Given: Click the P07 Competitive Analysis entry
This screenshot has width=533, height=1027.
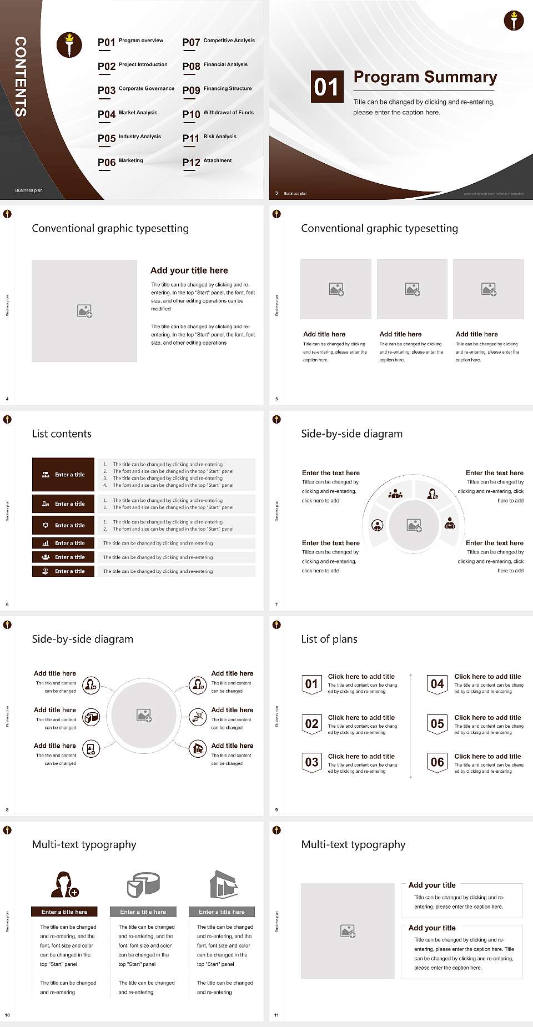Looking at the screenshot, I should (218, 42).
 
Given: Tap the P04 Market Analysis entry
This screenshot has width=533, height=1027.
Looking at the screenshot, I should (128, 114).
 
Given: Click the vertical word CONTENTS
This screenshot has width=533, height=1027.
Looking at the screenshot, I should (21, 77).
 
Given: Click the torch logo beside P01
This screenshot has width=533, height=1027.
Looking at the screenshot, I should (69, 45).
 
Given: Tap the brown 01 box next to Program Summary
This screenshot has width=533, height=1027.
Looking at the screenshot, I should (326, 87).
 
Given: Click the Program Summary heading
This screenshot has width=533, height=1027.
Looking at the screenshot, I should (425, 77).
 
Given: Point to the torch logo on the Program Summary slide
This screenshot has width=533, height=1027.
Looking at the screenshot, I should (514, 21).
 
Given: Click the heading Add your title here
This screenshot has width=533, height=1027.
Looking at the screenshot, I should (189, 270).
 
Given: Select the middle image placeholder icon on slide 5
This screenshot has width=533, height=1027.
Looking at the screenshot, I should (412, 289).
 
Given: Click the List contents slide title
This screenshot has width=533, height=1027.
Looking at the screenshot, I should (62, 434).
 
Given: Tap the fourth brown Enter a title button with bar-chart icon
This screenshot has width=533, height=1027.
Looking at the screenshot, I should (63, 543).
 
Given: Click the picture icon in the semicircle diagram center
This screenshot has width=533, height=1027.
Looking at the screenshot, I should (414, 525).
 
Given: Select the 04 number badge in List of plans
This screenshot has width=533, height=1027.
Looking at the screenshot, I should (438, 684).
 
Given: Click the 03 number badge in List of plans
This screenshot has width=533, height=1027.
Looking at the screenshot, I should (311, 762).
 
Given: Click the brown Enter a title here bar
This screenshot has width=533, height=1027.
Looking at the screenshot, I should (64, 912).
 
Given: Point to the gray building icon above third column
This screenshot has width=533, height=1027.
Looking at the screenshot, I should (224, 884).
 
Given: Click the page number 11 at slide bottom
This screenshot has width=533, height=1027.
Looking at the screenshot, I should (276, 1015).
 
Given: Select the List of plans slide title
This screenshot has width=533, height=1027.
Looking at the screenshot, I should (329, 639).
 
